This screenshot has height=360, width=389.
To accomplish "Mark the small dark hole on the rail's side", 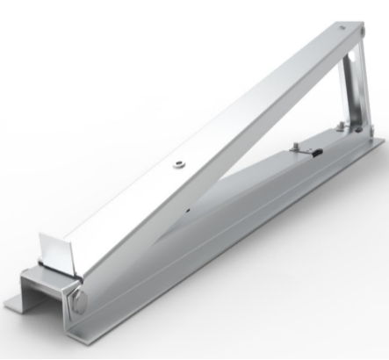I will coord(190,212).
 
